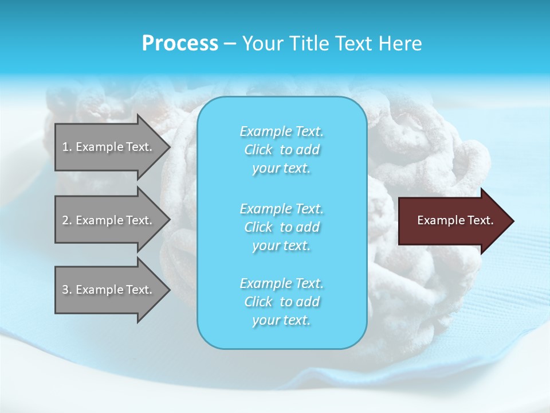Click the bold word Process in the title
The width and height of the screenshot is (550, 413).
tap(180, 44)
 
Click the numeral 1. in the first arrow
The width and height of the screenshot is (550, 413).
tap(67, 147)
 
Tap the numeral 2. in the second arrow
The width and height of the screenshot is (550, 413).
tap(67, 220)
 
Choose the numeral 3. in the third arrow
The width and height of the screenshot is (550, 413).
tap(67, 290)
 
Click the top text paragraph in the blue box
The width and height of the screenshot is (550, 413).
tap(282, 150)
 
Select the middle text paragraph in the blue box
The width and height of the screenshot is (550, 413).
tap(282, 227)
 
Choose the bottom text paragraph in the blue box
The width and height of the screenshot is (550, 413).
tap(282, 302)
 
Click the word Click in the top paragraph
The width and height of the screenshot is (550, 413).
tap(258, 150)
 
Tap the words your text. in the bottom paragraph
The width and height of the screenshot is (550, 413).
tap(281, 320)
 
